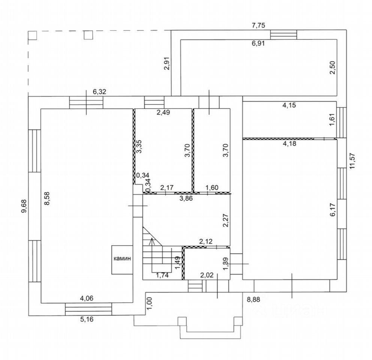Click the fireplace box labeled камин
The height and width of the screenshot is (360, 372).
(122, 259)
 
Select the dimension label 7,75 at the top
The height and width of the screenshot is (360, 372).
(258, 25)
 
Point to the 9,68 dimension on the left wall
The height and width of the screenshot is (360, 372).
(24, 206)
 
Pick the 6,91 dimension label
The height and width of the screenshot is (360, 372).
(258, 43)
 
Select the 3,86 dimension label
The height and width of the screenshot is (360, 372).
(186, 199)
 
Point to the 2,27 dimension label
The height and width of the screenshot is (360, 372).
(226, 220)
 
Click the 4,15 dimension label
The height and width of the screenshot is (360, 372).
(289, 105)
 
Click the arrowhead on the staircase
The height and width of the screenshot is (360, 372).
(151, 239)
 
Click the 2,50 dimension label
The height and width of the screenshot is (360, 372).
(332, 67)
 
